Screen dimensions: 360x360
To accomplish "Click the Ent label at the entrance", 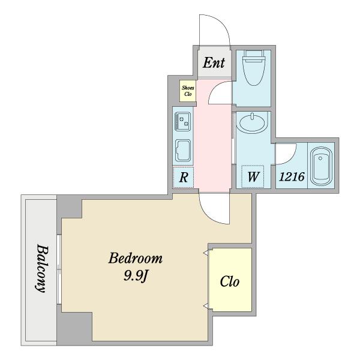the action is point(214,62).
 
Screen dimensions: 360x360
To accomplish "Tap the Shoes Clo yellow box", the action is point(188,91).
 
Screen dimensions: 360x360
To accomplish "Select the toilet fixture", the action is point(254,67).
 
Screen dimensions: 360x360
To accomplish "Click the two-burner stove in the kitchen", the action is point(183,121).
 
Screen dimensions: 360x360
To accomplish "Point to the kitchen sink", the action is point(183,151).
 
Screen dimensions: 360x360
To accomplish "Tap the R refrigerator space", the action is point(184,178).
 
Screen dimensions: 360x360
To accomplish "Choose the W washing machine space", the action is point(253,176).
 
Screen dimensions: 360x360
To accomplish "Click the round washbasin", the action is point(253,122).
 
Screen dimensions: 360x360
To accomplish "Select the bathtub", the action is point(321,166).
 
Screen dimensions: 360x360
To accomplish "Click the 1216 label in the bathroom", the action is point(292,177).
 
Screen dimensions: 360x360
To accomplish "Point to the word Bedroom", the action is point(136,258).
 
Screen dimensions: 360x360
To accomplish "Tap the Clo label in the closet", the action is point(230,281).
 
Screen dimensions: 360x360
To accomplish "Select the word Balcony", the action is point(43,268).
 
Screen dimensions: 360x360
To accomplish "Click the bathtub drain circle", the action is point(320,158).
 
